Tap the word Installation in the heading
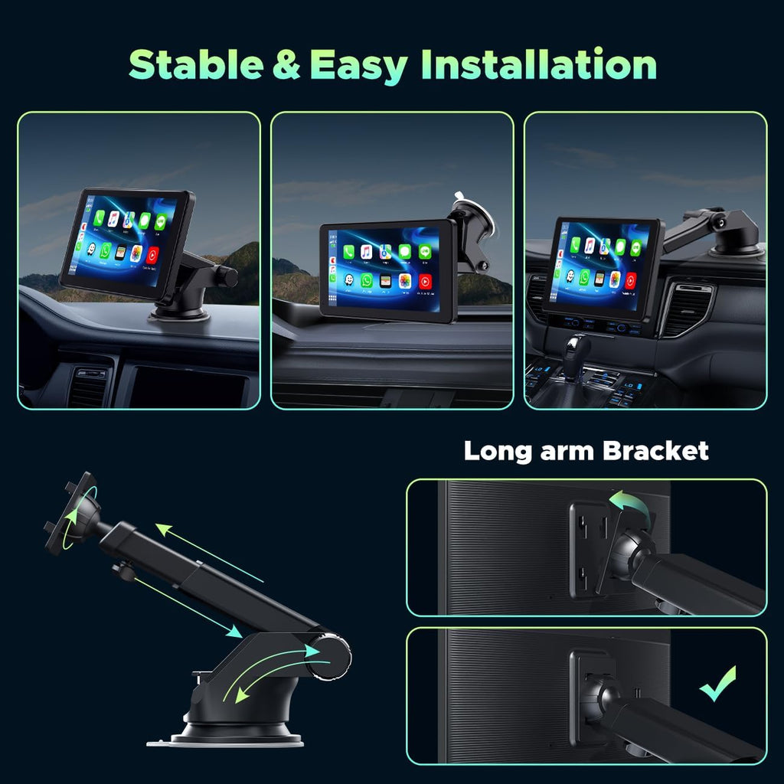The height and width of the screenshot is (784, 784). [x=541, y=65]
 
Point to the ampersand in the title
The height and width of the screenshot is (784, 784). [x=287, y=65]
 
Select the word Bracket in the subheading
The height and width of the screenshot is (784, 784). [x=655, y=450]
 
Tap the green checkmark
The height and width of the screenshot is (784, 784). [x=717, y=684]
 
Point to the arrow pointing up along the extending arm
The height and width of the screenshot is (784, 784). [x=208, y=551]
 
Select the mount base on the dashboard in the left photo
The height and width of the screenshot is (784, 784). [x=179, y=311]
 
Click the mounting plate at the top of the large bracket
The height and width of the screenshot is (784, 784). [x=70, y=511]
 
